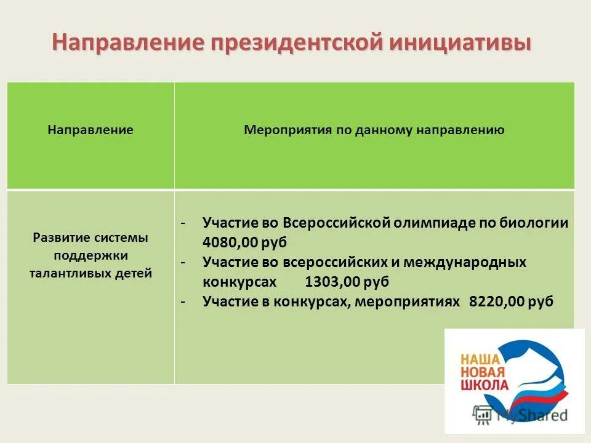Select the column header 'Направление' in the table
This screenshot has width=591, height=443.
click(x=90, y=130)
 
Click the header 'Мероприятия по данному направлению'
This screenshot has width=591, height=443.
click(x=374, y=130)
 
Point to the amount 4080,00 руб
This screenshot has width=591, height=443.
click(x=244, y=242)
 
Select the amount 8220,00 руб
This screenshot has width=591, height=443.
click(x=511, y=301)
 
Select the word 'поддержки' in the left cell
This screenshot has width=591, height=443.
click(x=90, y=255)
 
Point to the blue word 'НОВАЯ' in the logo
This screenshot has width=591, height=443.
click(x=483, y=371)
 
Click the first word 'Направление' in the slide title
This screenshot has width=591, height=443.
click(x=128, y=44)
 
